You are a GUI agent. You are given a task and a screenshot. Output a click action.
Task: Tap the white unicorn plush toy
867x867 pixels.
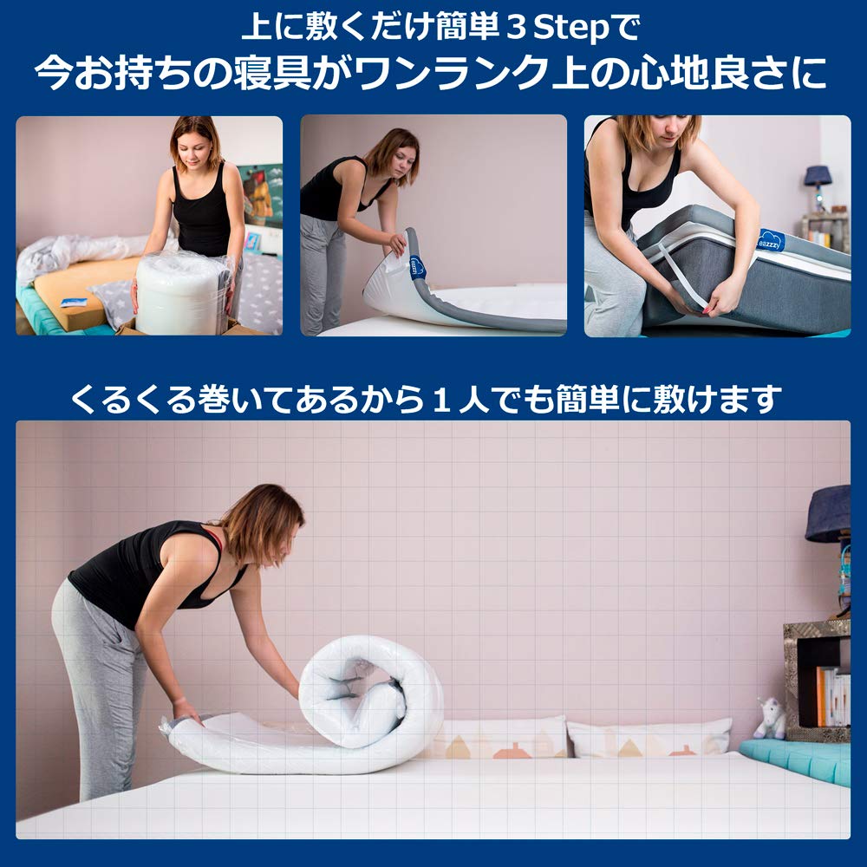[771, 717]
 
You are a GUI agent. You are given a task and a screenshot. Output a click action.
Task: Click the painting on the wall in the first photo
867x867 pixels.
[261, 196]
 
